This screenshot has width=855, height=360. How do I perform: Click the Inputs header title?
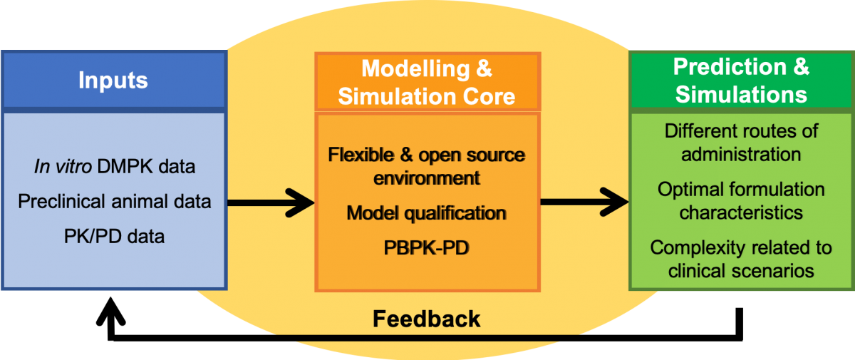click(x=113, y=79)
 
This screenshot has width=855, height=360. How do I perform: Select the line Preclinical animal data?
click(x=114, y=201)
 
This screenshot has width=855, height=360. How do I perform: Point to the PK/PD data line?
click(x=113, y=235)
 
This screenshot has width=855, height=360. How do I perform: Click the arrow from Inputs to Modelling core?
click(x=271, y=202)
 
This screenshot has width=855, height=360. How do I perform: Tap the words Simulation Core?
click(x=426, y=96)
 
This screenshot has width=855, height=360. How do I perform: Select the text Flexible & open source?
click(x=427, y=155)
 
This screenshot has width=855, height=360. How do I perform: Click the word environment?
click(x=427, y=178)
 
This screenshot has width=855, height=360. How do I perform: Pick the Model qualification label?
click(x=427, y=212)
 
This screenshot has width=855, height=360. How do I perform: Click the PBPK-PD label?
click(x=427, y=250)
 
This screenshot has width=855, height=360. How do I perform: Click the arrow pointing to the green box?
click(x=584, y=202)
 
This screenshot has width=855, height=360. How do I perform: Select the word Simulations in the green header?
click(x=741, y=94)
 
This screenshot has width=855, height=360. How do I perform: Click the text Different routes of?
click(x=741, y=131)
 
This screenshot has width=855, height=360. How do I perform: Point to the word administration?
click(x=741, y=154)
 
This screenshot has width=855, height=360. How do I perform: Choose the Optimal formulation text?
click(x=741, y=190)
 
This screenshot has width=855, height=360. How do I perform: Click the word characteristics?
click(x=741, y=212)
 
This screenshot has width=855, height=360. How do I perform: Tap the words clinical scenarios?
click(x=741, y=271)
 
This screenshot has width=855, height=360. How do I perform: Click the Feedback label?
click(x=427, y=319)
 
